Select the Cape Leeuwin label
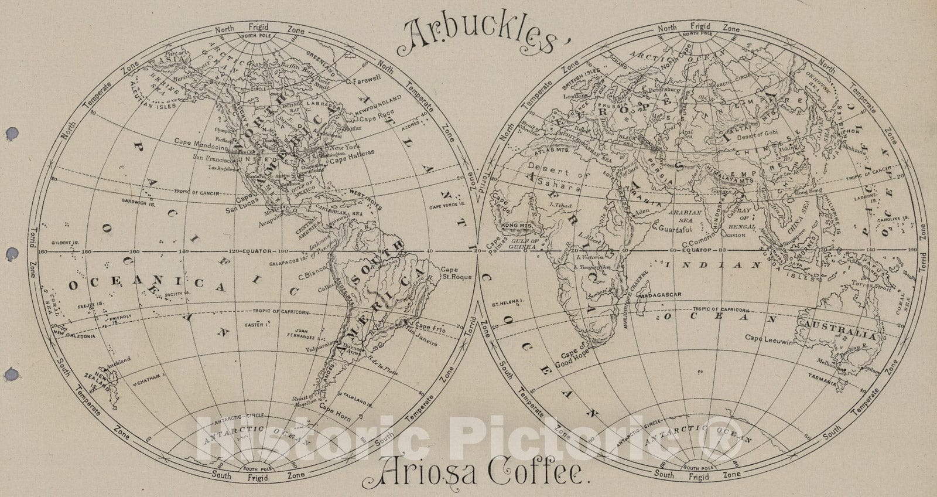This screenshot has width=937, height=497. point(768,338)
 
